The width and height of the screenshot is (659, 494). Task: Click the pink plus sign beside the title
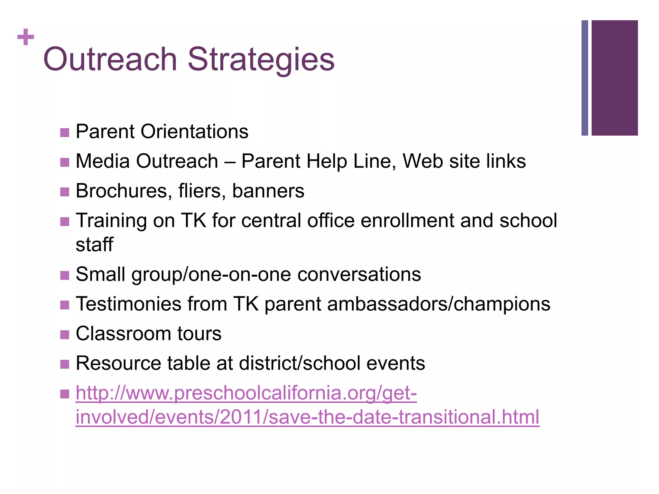[26, 37]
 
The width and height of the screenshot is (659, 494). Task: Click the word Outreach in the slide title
[110, 59]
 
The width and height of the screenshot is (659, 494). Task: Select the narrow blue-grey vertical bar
[585, 78]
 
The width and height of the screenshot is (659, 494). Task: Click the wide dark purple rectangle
[615, 78]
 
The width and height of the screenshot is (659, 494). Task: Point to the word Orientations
[194, 132]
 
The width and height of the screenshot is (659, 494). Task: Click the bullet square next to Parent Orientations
[65, 133]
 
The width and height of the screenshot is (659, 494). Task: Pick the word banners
[268, 191]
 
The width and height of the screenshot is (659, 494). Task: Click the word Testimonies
[128, 304]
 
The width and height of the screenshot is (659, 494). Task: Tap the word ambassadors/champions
[439, 304]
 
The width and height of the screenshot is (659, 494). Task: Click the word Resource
[118, 363]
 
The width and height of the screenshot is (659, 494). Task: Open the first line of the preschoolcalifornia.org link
[246, 393]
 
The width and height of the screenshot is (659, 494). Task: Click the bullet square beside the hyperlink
[65, 394]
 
